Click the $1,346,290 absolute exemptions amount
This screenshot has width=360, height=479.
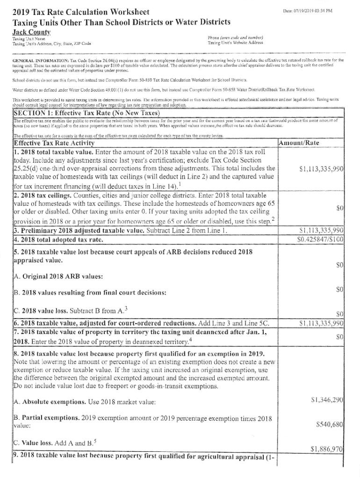(328, 399)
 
